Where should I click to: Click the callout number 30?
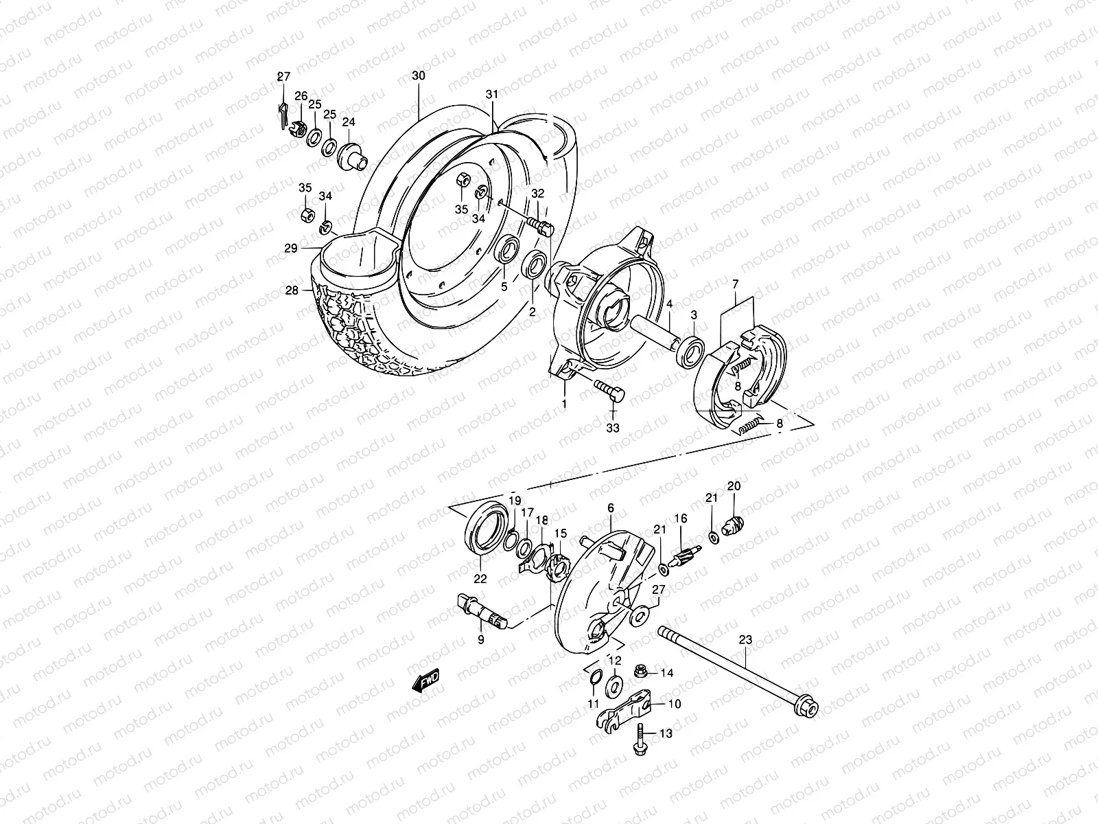click(418, 76)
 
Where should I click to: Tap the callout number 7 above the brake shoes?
click(735, 284)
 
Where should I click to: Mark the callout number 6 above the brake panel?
click(610, 508)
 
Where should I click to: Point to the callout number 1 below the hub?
click(564, 404)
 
